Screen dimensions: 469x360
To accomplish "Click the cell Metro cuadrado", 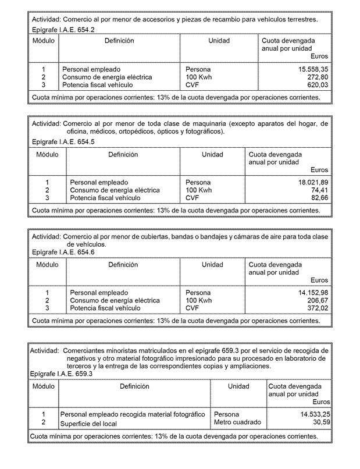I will pos(237,422).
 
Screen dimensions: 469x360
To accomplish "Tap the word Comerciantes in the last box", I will pos(84,351).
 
